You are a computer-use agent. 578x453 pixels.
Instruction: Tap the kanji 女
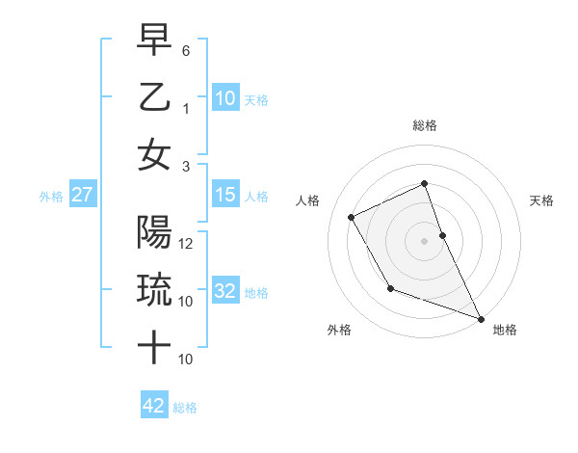pos(154,155)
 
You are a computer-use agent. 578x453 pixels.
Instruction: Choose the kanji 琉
pos(154,288)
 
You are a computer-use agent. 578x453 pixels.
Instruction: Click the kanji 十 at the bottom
pos(154,348)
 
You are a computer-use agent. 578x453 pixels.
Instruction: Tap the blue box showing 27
pos(83,196)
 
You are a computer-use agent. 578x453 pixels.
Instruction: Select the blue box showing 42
pos(153,406)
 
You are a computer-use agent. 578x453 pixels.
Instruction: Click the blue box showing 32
pos(224,292)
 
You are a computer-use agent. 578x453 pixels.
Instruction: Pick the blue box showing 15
pos(224,196)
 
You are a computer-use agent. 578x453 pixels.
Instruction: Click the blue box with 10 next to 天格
pos(224,99)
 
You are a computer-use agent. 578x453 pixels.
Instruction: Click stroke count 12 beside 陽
pos(187,243)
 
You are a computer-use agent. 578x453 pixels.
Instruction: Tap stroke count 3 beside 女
pos(186,167)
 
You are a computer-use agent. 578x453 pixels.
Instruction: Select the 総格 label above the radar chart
pos(424,125)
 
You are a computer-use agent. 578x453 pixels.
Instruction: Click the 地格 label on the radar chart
pos(505,330)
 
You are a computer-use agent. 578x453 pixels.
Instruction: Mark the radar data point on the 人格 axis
pos(352,217)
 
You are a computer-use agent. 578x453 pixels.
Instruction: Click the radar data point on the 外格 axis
pos(390,288)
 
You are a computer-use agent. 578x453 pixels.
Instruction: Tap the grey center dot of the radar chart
pos(424,241)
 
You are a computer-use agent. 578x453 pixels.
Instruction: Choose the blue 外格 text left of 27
pos(51,197)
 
